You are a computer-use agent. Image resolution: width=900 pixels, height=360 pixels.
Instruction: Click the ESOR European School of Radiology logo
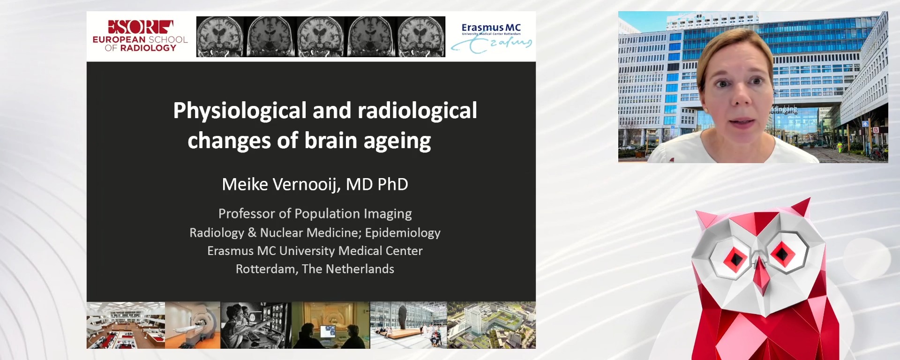pyautogui.click(x=140, y=36)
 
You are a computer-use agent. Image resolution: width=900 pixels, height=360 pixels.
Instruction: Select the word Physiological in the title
pyautogui.click(x=240, y=111)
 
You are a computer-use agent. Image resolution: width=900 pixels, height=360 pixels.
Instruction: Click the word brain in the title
pyautogui.click(x=330, y=141)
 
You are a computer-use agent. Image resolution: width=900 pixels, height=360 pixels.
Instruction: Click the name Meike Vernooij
pyautogui.click(x=281, y=184)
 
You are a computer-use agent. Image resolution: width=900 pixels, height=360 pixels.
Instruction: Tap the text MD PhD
pyautogui.click(x=377, y=184)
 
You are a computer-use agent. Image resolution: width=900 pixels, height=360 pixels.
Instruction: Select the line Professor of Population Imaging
pyautogui.click(x=315, y=214)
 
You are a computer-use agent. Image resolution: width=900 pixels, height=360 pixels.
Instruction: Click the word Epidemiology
pyautogui.click(x=403, y=232)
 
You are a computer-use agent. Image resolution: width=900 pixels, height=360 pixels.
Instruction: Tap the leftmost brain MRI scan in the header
pyautogui.click(x=220, y=37)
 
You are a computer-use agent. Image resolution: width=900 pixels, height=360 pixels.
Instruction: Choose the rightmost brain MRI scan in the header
pyautogui.click(x=421, y=37)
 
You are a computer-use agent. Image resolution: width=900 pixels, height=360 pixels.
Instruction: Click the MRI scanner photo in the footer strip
pyautogui.click(x=193, y=325)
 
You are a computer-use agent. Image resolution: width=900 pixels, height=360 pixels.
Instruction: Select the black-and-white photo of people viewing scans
pyautogui.click(x=256, y=325)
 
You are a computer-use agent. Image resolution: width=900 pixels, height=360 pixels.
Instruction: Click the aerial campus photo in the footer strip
pyautogui.click(x=491, y=325)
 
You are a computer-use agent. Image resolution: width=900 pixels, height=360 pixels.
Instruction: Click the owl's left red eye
pyautogui.click(x=734, y=257)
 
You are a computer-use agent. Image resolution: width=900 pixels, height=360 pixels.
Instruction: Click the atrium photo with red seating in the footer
pyautogui.click(x=126, y=325)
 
